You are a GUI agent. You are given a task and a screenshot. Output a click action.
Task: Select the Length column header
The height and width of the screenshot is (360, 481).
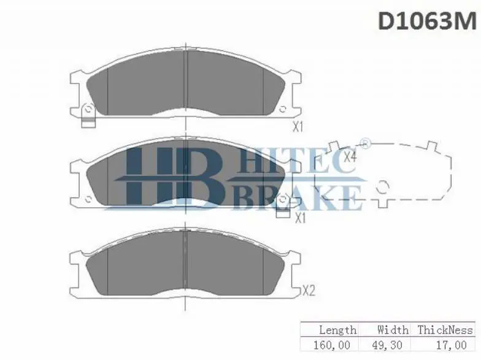(337, 330)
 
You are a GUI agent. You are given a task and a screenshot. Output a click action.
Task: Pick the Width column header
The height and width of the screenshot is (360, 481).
(393, 330)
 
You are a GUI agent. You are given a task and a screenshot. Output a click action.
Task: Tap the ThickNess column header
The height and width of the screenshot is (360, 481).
(445, 330)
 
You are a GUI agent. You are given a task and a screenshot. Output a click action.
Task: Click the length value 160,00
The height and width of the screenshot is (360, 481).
(331, 345)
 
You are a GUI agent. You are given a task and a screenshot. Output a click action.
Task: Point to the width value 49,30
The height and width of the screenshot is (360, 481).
(387, 345)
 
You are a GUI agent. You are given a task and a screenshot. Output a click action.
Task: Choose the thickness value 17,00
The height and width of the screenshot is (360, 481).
(452, 345)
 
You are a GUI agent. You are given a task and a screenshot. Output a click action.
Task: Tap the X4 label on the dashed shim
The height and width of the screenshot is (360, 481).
(350, 157)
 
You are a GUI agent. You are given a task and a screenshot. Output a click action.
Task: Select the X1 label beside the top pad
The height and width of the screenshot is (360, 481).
(298, 126)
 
